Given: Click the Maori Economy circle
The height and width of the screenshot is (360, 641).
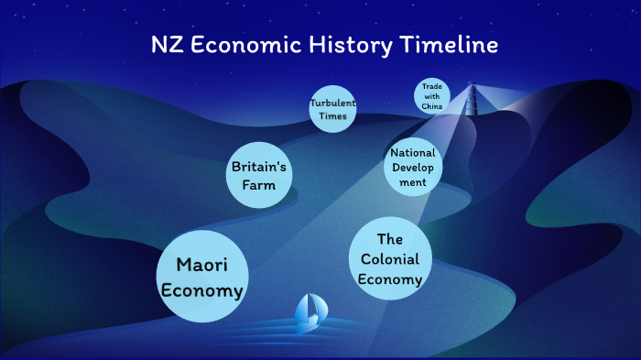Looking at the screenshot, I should click(201, 278).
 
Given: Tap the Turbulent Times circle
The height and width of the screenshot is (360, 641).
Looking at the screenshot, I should click(331, 109).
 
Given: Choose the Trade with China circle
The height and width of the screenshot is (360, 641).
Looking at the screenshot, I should click(432, 95).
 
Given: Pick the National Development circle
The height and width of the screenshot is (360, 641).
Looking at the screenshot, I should click(412, 167).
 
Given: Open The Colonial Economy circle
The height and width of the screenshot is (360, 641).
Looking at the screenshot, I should click(390, 259).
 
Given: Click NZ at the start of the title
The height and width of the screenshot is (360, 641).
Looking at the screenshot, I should click(166, 45).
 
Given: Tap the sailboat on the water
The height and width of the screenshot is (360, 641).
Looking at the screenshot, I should click(308, 313).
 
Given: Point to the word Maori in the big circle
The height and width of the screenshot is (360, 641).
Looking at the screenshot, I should click(201, 266).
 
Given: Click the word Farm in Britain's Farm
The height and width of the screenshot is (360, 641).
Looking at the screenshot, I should click(260, 185).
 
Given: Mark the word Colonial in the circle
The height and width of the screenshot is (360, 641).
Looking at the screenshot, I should click(390, 259).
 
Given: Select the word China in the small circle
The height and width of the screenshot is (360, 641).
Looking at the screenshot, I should click(432, 106).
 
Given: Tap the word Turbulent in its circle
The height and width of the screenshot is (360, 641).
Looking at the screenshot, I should click(331, 103).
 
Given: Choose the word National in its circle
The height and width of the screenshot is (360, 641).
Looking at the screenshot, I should click(412, 153).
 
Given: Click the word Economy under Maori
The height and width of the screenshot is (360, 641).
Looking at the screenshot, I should click(201, 291).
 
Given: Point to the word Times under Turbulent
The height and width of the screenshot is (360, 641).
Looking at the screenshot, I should click(331, 116).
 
